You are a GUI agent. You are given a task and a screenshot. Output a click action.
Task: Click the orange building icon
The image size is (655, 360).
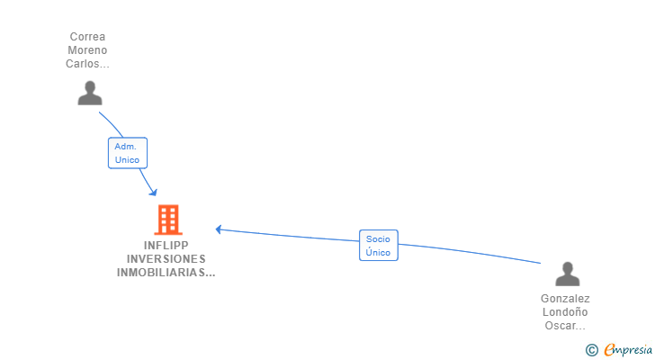(x=167, y=220)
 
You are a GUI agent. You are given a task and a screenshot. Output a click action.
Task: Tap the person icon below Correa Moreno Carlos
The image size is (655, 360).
(x=89, y=93)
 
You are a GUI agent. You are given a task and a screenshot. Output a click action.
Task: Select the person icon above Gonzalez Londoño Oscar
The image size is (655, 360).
(x=567, y=274)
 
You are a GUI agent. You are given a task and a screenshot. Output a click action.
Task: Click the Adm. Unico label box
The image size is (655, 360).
(x=127, y=153)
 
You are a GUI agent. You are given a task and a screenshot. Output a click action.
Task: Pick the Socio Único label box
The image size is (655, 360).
(x=378, y=246)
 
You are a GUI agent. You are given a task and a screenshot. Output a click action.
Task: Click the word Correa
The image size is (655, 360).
(x=87, y=37)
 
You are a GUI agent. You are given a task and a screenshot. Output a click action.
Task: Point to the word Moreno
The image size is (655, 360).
(x=87, y=50)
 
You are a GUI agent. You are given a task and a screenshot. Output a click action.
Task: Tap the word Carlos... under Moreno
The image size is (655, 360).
(x=87, y=64)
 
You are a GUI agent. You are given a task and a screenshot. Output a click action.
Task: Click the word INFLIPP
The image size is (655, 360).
(x=166, y=246)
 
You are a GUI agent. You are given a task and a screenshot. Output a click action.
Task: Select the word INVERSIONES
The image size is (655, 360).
(x=166, y=259)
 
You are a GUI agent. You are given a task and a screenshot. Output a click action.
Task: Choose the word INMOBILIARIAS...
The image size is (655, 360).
(x=166, y=273)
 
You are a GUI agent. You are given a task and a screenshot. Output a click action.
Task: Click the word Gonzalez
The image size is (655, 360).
(x=565, y=299)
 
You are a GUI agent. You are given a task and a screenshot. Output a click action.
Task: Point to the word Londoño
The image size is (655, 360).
(x=565, y=312)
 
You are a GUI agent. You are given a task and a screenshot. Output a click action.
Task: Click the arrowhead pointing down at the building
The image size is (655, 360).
(x=153, y=192)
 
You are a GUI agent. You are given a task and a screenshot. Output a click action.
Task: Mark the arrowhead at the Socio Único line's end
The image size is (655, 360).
(x=219, y=229)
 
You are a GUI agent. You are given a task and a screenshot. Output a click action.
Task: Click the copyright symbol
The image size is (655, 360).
(x=591, y=350)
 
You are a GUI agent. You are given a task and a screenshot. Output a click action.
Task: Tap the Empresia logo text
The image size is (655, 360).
(x=627, y=349)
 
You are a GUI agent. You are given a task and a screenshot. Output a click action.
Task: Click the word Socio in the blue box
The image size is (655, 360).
(x=378, y=239)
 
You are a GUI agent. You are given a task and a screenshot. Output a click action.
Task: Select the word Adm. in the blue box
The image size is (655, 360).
(x=125, y=147)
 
